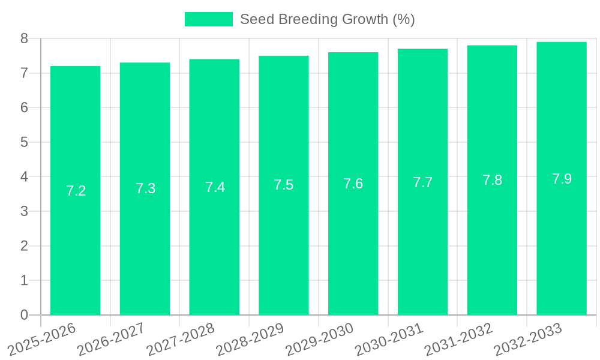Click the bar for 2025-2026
pyautogui.click(x=75, y=240)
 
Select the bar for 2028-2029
pyautogui.click(x=284, y=240)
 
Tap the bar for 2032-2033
pyautogui.click(x=562, y=240)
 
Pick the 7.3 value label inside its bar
pyautogui.click(x=145, y=188)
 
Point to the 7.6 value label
pyautogui.click(x=353, y=184)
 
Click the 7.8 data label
pyautogui.click(x=492, y=180)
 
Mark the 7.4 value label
pyautogui.click(x=215, y=187)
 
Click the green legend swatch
pyautogui.click(x=208, y=19)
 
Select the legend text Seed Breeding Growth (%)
pyautogui.click(x=327, y=19)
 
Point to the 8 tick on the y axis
pyautogui.click(x=24, y=38)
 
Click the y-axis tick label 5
pyautogui.click(x=24, y=142)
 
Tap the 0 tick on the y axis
pyautogui.click(x=24, y=315)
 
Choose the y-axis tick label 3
pyautogui.click(x=24, y=211)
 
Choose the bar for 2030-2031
pyautogui.click(x=422, y=240)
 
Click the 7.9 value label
pyautogui.click(x=562, y=178)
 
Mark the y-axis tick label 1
pyautogui.click(x=24, y=280)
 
